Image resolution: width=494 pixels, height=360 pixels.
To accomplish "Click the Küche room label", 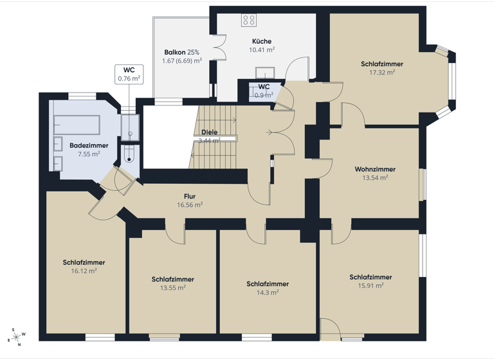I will click(x=262, y=40).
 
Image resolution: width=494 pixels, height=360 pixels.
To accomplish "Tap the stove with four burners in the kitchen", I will click(x=249, y=20).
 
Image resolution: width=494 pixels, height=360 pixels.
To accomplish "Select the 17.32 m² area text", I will click(x=382, y=73).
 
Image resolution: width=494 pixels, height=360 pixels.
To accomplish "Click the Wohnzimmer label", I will click(x=375, y=169).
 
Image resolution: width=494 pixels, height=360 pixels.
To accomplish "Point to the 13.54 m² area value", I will click(x=375, y=177).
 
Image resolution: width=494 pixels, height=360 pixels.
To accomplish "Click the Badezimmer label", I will click(x=89, y=146).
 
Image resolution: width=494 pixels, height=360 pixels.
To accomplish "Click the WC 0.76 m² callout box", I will click(x=129, y=74).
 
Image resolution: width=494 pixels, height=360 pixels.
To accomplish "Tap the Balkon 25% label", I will click(x=181, y=52).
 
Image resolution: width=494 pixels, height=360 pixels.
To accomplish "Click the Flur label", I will click(x=189, y=196).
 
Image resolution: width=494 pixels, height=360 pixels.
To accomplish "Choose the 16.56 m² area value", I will click(x=190, y=204).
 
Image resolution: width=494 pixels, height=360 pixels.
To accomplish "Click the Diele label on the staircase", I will click(x=209, y=132).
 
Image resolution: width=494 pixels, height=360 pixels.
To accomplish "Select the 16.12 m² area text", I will click(x=84, y=271).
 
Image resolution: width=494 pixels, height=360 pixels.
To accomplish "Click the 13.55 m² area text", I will click(x=172, y=288).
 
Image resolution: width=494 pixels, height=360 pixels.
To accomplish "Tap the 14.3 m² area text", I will click(x=267, y=292).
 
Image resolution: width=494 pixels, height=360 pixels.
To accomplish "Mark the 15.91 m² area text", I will click(x=370, y=285).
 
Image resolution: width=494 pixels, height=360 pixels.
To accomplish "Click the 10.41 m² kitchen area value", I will click(x=262, y=49).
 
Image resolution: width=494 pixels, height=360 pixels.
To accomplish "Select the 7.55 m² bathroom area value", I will click(x=89, y=154).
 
